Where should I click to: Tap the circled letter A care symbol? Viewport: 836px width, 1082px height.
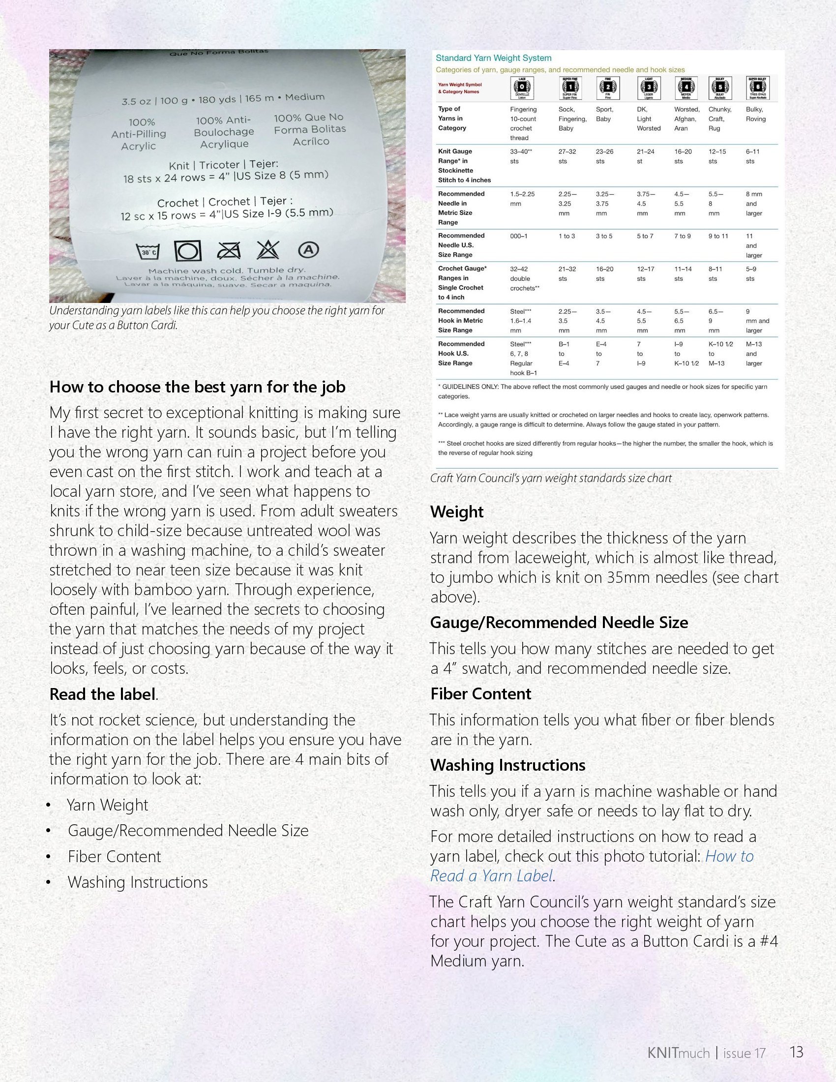(308, 250)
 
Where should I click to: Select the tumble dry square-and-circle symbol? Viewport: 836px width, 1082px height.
(188, 251)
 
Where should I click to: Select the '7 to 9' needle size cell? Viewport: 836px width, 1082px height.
(682, 236)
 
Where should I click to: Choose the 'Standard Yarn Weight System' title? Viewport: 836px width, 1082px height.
(493, 58)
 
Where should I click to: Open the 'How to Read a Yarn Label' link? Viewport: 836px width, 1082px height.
(591, 866)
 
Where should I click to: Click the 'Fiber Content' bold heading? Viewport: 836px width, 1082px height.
(480, 693)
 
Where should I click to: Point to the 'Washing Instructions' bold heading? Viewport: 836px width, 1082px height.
(508, 765)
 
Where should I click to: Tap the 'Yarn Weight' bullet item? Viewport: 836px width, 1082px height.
(108, 805)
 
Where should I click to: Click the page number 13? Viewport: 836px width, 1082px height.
(796, 1052)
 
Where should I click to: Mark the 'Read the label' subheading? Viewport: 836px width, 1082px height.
(102, 694)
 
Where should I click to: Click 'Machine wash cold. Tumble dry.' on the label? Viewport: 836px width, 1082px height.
(227, 270)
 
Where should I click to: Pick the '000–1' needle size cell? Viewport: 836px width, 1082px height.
(518, 236)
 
